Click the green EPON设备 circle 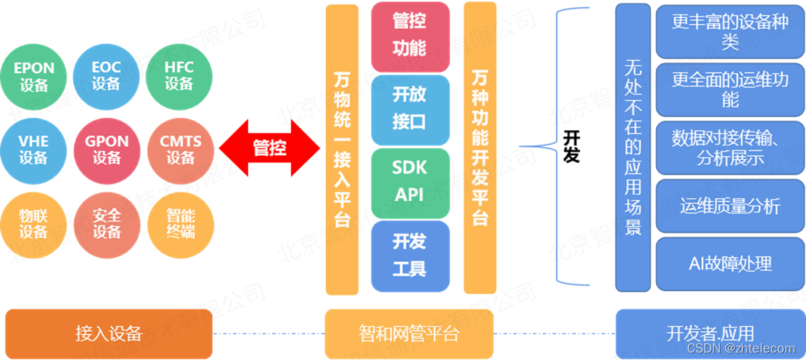[x=34, y=77]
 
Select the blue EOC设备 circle [x=106, y=77]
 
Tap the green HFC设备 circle [x=179, y=77]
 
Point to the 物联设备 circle [x=34, y=224]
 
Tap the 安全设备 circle [x=107, y=224]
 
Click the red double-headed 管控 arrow [x=269, y=148]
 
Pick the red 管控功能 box [x=410, y=37]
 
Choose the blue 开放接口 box [x=410, y=109]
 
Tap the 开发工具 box [x=410, y=256]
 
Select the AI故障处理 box [x=729, y=264]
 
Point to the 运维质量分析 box [x=729, y=206]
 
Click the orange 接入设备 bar [x=109, y=334]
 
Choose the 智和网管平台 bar [x=409, y=334]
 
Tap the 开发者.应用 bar [x=710, y=334]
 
